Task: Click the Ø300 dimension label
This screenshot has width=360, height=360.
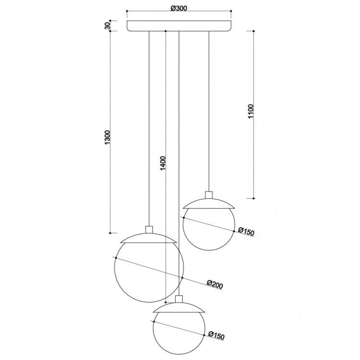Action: pyautogui.click(x=179, y=8)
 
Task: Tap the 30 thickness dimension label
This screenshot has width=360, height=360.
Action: pyautogui.click(x=108, y=26)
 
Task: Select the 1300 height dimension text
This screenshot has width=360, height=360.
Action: pyautogui.click(x=108, y=137)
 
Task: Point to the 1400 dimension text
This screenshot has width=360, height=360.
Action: pyautogui.click(x=163, y=163)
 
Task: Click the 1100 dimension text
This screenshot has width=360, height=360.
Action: pyautogui.click(x=251, y=111)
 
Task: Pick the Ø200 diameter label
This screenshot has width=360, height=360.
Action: pyautogui.click(x=215, y=284)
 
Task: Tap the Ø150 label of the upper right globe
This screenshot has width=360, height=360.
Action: pyautogui.click(x=246, y=231)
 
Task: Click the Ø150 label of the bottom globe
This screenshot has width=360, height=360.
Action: pyautogui.click(x=216, y=336)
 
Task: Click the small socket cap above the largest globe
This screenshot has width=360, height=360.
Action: pyautogui.click(x=149, y=229)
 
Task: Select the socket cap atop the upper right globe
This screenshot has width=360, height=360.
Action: pyautogui.click(x=209, y=195)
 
